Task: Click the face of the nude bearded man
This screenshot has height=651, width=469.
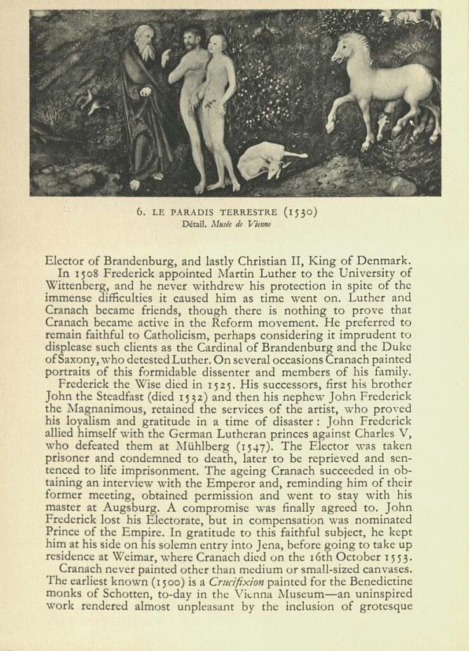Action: point(191,40)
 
